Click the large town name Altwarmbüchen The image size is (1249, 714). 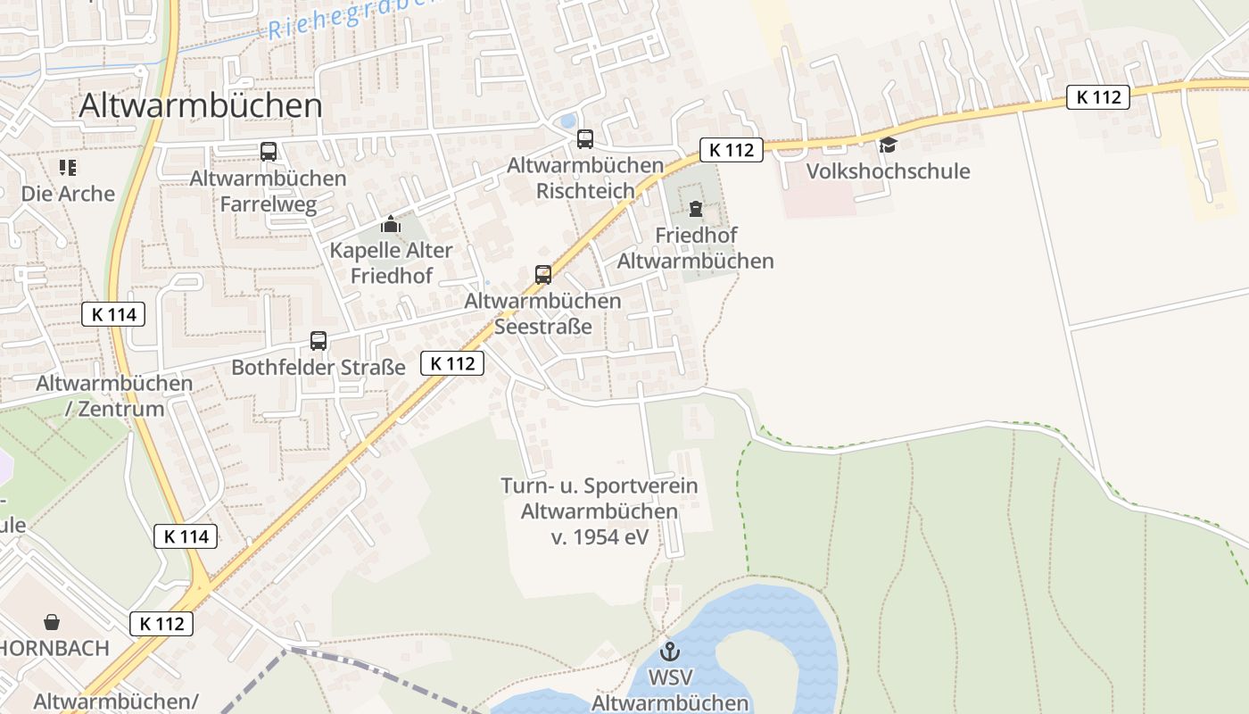[201, 105]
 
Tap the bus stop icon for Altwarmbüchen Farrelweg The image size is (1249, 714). [269, 151]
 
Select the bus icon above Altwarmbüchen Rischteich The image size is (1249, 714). [585, 138]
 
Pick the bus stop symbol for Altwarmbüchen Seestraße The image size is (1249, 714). [543, 274]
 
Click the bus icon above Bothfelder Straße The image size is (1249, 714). [318, 340]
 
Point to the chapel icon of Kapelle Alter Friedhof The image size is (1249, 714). [390, 224]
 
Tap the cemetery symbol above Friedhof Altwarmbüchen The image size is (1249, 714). [696, 210]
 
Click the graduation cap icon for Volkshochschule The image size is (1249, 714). [888, 145]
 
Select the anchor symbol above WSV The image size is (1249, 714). [669, 651]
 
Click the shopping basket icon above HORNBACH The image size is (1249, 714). [53, 621]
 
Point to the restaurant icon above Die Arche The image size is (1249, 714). [68, 167]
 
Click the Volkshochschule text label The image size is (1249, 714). [888, 171]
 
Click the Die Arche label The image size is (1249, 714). [69, 194]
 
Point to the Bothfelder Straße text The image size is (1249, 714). [318, 367]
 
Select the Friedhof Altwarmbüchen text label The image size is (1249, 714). [696, 248]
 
